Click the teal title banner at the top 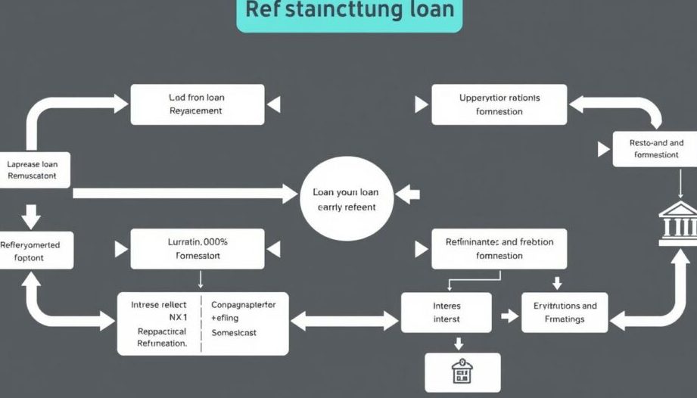coord(349,14)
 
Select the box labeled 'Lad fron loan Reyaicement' coord(198,104)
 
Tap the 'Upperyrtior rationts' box coord(499,104)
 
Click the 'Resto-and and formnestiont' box coord(655,148)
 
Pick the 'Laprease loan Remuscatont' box coord(37,170)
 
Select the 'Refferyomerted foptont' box coord(37,251)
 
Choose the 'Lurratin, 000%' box coord(198,249)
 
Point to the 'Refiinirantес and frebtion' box coord(499,249)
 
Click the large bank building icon coord(678,220)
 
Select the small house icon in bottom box coord(462,372)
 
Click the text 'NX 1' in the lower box coord(157,318)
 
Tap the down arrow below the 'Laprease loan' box coord(32,216)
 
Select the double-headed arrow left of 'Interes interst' coord(345,320)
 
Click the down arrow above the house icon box coord(458,344)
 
